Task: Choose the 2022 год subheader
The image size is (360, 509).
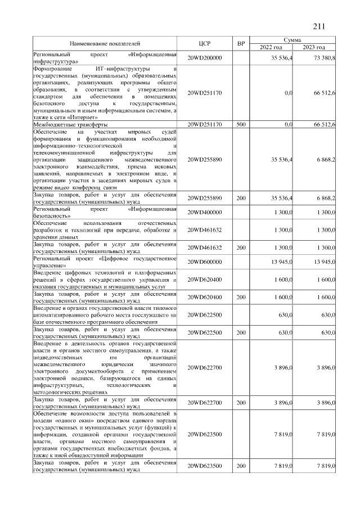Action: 271,47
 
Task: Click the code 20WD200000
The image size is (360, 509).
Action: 205,58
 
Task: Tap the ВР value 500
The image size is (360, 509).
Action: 241,124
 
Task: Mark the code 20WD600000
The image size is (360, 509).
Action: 205,262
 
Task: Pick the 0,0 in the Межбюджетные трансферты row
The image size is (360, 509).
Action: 288,124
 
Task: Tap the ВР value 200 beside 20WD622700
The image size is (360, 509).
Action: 241,402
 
